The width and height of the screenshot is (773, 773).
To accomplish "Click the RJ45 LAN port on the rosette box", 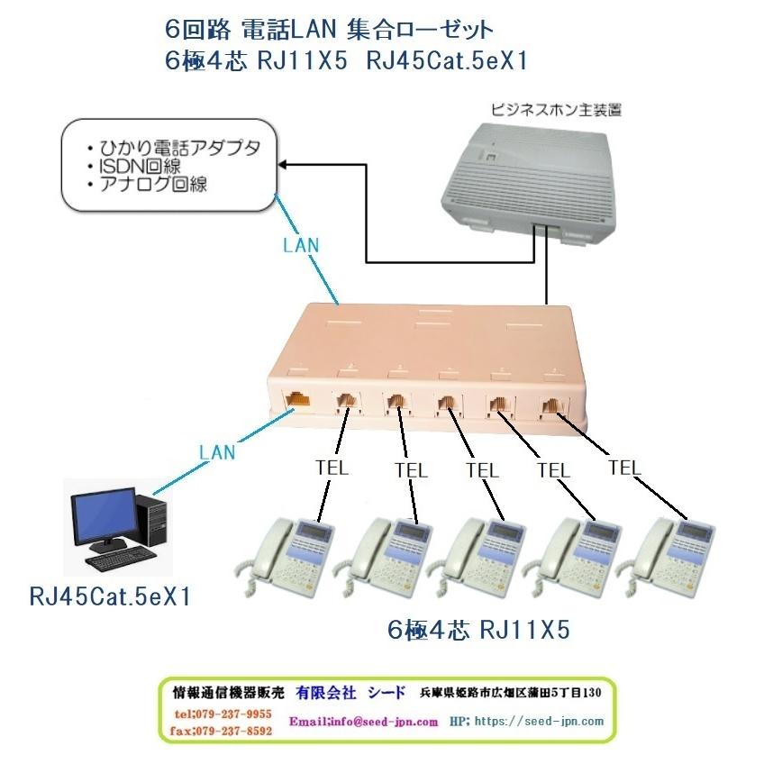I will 296,401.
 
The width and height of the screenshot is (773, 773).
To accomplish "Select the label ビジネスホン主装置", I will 557,111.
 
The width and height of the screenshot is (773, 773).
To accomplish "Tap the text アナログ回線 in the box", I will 159,185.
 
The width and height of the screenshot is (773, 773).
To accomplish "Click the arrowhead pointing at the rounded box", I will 281,165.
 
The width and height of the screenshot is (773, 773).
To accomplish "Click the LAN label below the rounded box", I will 300,243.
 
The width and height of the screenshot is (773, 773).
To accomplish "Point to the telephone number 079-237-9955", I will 223,713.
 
